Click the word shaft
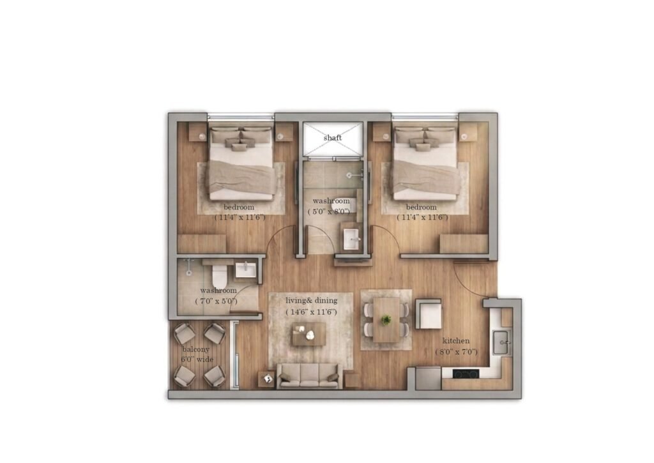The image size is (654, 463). pyautogui.click(x=332, y=138)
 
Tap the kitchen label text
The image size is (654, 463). pyautogui.click(x=456, y=341)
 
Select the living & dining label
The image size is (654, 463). pyautogui.click(x=312, y=300)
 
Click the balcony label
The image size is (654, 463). pyautogui.click(x=195, y=349)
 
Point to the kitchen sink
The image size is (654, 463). pyautogui.click(x=502, y=342)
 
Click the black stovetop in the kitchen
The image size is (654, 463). pyautogui.click(x=465, y=374)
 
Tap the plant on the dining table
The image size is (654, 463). pyautogui.click(x=386, y=320)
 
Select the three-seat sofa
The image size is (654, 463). pyautogui.click(x=309, y=376)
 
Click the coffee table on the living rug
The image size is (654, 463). pyautogui.click(x=308, y=334)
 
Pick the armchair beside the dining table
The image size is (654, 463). pyautogui.click(x=429, y=314)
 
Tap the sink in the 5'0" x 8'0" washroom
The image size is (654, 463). pyautogui.click(x=351, y=239)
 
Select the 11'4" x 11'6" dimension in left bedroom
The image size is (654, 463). pyautogui.click(x=240, y=217)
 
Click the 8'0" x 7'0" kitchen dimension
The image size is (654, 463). pyautogui.click(x=456, y=352)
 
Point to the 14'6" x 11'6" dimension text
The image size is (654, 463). pyautogui.click(x=311, y=312)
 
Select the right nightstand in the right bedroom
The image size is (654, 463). pyautogui.click(x=468, y=132)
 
